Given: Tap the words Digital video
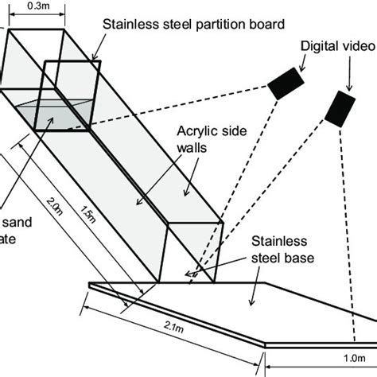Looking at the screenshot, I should (x=335, y=45).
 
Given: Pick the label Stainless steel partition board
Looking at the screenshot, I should (x=193, y=23).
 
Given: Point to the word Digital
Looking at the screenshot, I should (x=317, y=45).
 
